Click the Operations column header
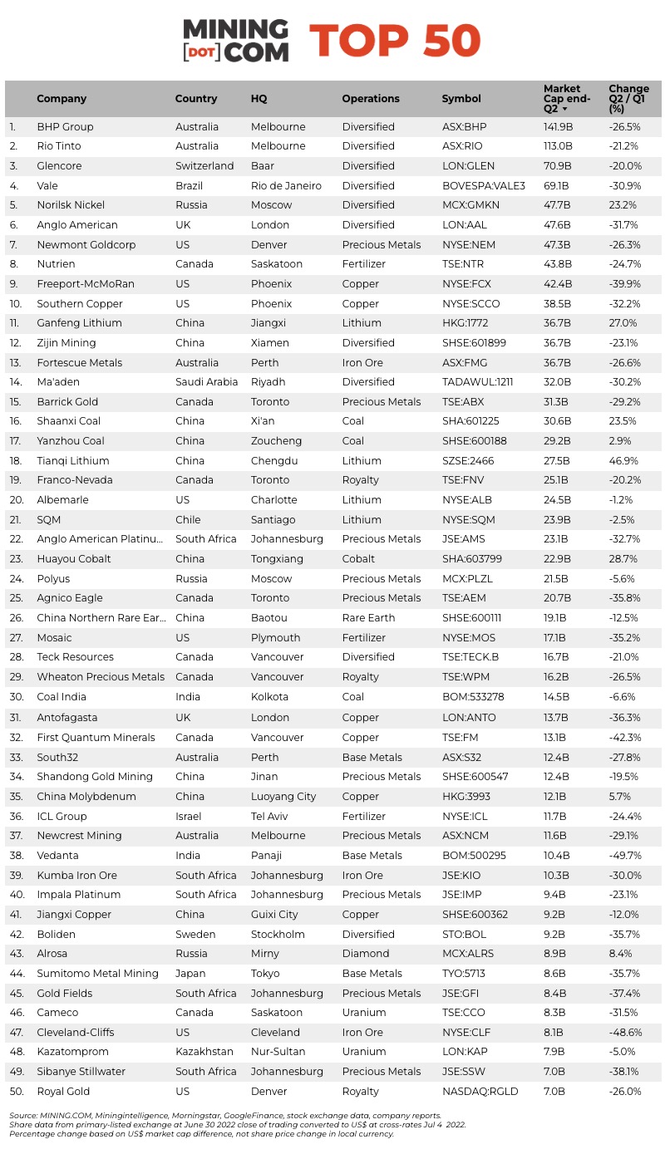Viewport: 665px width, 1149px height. [371, 99]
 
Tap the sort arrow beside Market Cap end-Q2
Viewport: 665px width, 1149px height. [565, 109]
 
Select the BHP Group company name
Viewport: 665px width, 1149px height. [65, 127]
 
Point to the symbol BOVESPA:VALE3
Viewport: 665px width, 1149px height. [483, 186]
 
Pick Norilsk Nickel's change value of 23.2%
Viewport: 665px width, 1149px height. [623, 205]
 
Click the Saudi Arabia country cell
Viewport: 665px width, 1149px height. [206, 382]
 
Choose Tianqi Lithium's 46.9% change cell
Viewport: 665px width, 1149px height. [623, 461]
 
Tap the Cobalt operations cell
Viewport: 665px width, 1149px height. [358, 559]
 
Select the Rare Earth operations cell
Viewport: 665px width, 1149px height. [368, 618]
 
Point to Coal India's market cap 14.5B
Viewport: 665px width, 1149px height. [557, 697]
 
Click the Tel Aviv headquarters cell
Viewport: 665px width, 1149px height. [271, 817]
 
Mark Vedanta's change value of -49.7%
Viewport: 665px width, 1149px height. [625, 856]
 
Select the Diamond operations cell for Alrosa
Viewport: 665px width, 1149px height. [365, 954]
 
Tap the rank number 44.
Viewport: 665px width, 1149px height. [17, 974]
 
